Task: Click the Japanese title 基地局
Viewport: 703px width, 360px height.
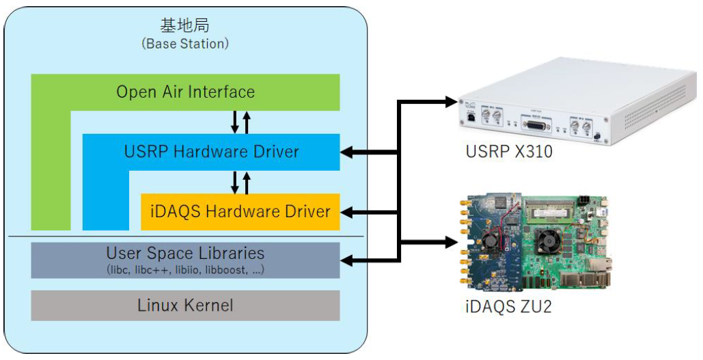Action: point(184,26)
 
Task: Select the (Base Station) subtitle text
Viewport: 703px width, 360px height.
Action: point(184,43)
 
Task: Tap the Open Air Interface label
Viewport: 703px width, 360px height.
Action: point(185,92)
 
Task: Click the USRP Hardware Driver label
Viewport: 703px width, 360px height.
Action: point(211,152)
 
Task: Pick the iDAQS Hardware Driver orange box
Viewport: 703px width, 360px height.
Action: point(240,212)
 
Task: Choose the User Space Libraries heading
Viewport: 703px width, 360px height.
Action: point(185,253)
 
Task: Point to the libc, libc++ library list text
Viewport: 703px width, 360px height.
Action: point(185,269)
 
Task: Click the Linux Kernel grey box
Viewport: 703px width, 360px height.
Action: point(185,305)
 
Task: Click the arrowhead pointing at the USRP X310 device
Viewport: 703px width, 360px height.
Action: point(450,102)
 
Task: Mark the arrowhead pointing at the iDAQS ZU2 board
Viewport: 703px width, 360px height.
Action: point(450,240)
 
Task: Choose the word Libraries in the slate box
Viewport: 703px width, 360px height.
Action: point(229,253)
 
